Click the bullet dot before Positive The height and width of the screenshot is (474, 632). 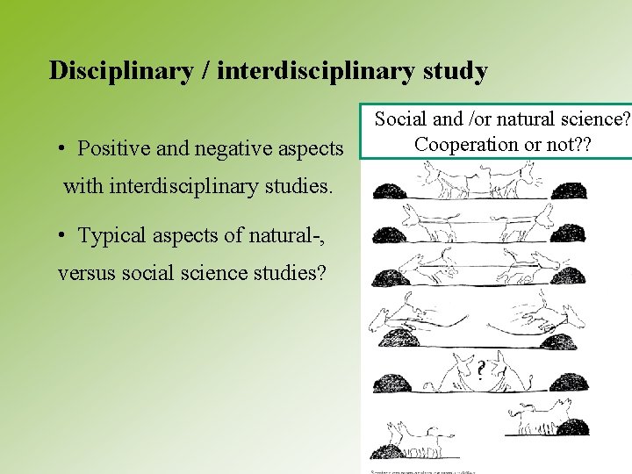click(64, 148)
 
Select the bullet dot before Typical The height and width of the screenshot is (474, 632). click(64, 236)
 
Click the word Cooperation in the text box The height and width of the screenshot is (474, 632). click(462, 144)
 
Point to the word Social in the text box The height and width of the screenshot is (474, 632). click(402, 118)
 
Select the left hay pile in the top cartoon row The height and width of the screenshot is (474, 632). click(388, 190)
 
